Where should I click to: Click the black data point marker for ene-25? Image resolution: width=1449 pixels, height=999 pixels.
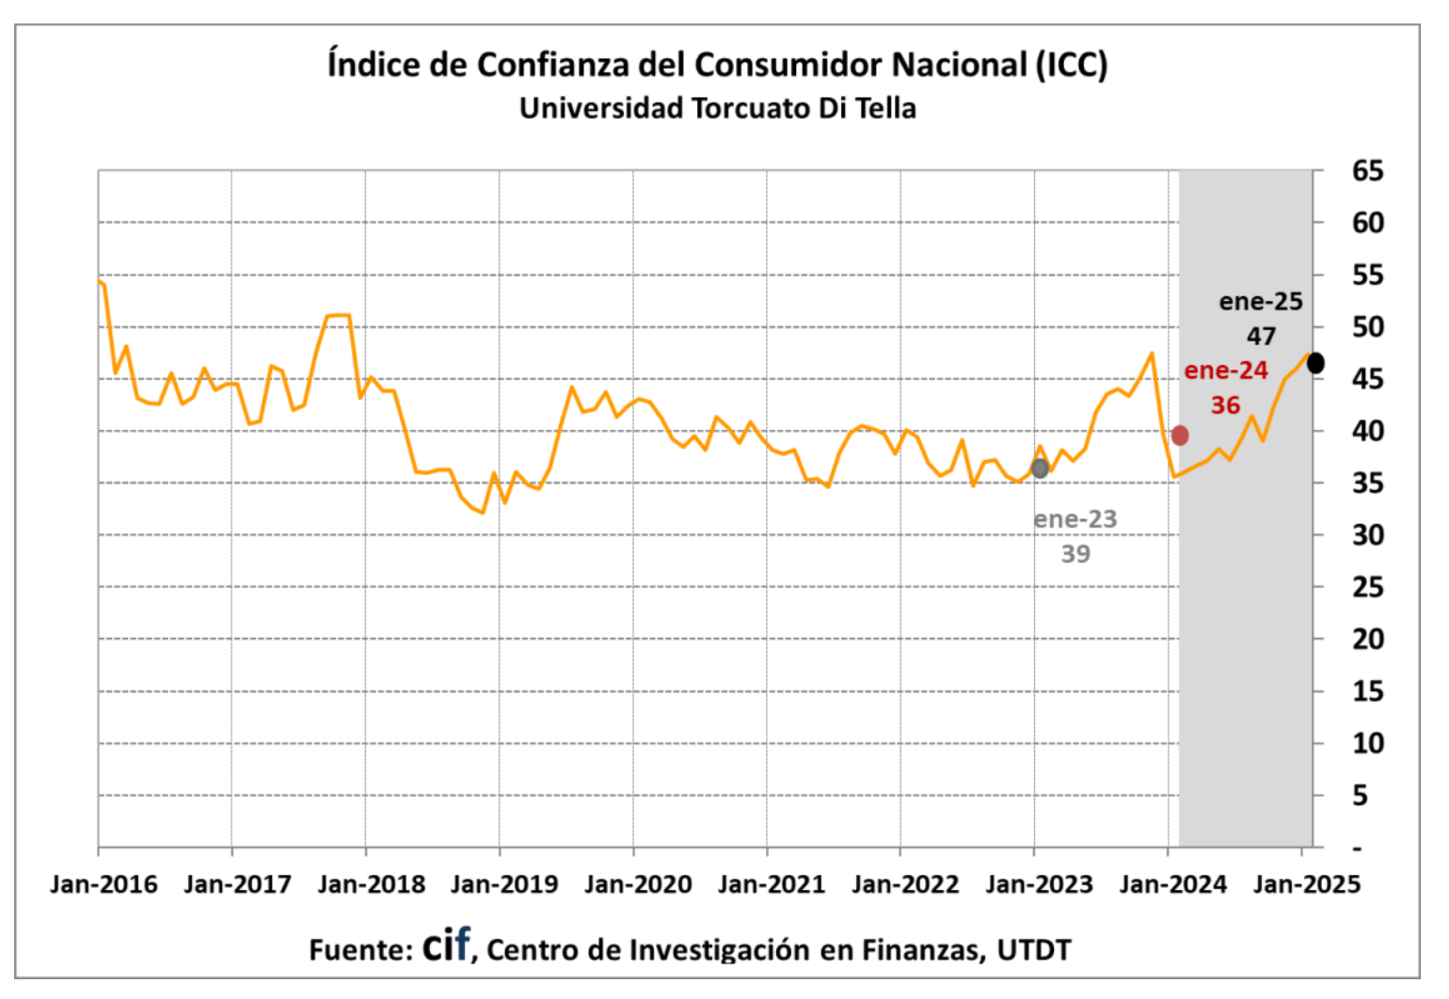[1315, 363]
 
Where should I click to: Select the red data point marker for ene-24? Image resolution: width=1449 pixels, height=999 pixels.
[1179, 436]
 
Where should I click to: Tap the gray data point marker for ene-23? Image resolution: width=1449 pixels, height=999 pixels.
[1040, 468]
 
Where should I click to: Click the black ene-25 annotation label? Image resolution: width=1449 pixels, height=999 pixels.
[1261, 302]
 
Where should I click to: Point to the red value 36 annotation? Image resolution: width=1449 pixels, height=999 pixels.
[1225, 405]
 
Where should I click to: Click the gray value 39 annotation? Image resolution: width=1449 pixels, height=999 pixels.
[1075, 554]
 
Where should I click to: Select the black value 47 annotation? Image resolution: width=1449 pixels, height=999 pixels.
[1262, 336]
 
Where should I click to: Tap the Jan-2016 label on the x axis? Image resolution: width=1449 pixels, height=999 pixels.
[103, 885]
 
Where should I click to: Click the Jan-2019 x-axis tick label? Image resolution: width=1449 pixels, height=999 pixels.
[504, 885]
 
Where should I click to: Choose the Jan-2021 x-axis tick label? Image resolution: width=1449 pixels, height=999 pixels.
[772, 885]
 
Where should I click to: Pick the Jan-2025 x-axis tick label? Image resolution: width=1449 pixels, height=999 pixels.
[1307, 885]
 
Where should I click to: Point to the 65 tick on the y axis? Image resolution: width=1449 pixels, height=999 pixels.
[1368, 171]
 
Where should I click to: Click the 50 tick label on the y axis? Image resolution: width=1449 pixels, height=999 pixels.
[1368, 327]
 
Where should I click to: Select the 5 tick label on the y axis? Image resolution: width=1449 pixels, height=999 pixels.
[1360, 796]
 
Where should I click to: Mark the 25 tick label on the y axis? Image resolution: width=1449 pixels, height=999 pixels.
[1368, 588]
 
